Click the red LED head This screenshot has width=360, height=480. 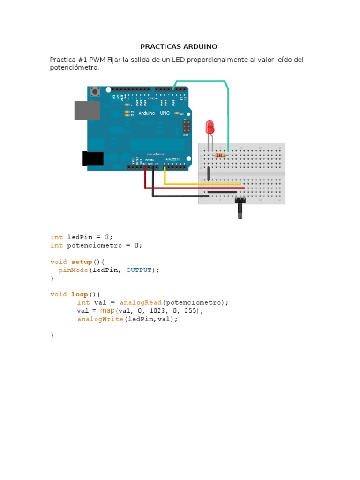click(210, 126)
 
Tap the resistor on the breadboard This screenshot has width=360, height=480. click(219, 155)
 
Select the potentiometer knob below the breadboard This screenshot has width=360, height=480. click(240, 209)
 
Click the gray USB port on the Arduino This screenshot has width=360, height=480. click(87, 110)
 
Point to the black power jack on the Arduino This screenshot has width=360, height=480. click(93, 158)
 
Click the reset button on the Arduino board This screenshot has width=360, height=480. click(96, 91)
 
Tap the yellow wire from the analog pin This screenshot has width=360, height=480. click(202, 183)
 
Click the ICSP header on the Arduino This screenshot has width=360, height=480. click(187, 126)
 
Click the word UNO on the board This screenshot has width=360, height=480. click(165, 113)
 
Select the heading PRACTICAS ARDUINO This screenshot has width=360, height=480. click(179, 47)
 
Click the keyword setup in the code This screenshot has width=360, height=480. click(82, 262)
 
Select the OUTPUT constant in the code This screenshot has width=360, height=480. click(139, 270)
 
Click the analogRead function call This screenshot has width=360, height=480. click(141, 302)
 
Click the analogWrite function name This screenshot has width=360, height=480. click(100, 319)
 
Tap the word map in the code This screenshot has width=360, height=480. click(107, 310)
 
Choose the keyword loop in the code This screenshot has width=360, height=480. click(79, 294)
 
